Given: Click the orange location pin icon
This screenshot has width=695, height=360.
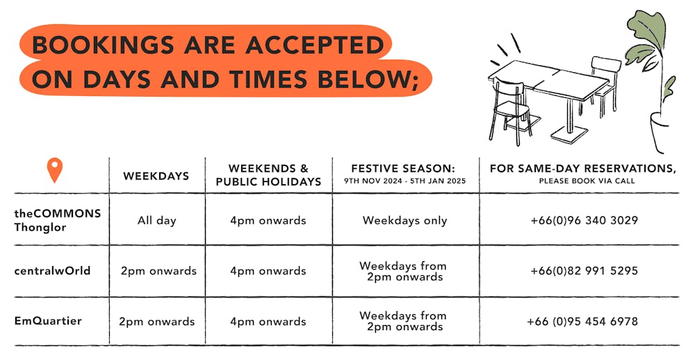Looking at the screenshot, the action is pos(54,170).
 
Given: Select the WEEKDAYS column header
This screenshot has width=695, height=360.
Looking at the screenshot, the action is pos(156,176).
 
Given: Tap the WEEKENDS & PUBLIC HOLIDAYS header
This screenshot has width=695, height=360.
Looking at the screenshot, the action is pos(268,175).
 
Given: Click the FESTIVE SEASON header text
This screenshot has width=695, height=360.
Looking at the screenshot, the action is pos(403,168).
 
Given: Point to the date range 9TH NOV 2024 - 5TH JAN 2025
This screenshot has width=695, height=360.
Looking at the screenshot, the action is pos(405,181).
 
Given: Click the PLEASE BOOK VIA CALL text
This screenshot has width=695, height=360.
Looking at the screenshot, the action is pos(587,181).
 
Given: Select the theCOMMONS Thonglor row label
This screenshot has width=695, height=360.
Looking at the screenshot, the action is pos(58,220).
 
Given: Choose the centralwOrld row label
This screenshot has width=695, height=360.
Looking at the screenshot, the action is pos(52,270).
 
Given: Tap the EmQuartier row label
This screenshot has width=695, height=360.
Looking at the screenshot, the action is pos(48,320).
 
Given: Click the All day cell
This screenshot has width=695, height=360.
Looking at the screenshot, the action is pos(157,220).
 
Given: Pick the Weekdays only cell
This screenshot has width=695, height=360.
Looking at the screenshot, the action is pos(404,220).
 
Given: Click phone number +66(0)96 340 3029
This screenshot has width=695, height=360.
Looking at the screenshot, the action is pos(584,220).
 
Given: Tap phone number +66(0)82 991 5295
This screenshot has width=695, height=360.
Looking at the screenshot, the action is pos(584,270).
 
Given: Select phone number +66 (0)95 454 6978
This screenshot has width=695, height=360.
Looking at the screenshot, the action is pos(582,321).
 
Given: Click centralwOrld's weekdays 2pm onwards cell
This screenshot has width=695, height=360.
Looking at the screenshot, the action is pos(158,271).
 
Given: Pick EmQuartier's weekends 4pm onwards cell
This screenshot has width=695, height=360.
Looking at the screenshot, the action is pos(268,321).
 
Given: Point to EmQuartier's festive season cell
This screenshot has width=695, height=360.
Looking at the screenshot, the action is pos(403,321).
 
